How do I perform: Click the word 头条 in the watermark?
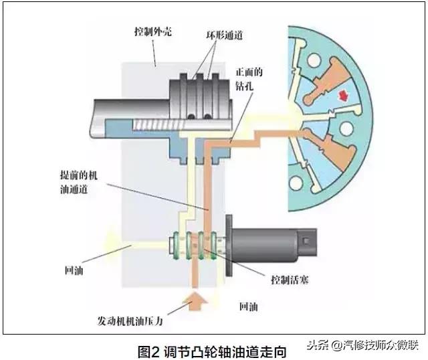pyautogui.click(x=318, y=345)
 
